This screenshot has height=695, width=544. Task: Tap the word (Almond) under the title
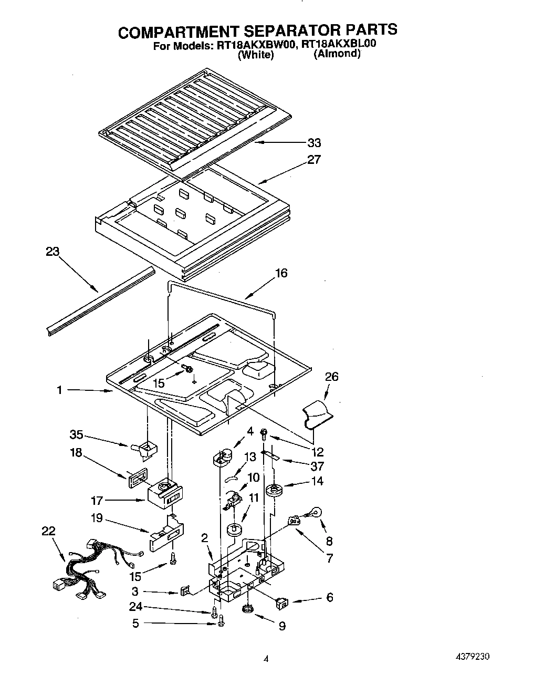(337, 54)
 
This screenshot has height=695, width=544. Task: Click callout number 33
(314, 143)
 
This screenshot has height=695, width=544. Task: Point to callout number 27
(313, 160)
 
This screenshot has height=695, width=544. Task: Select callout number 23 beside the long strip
(53, 252)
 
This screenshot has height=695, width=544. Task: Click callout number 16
(281, 273)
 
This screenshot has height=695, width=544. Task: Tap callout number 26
(331, 377)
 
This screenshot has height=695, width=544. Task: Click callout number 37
(317, 466)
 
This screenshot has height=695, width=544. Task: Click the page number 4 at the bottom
(266, 658)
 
